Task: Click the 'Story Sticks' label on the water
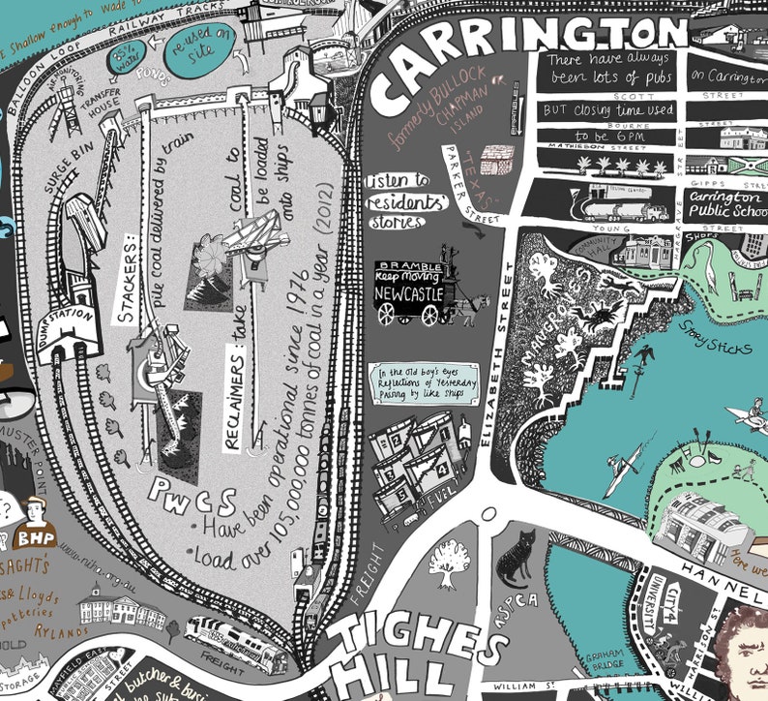(x=717, y=344)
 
